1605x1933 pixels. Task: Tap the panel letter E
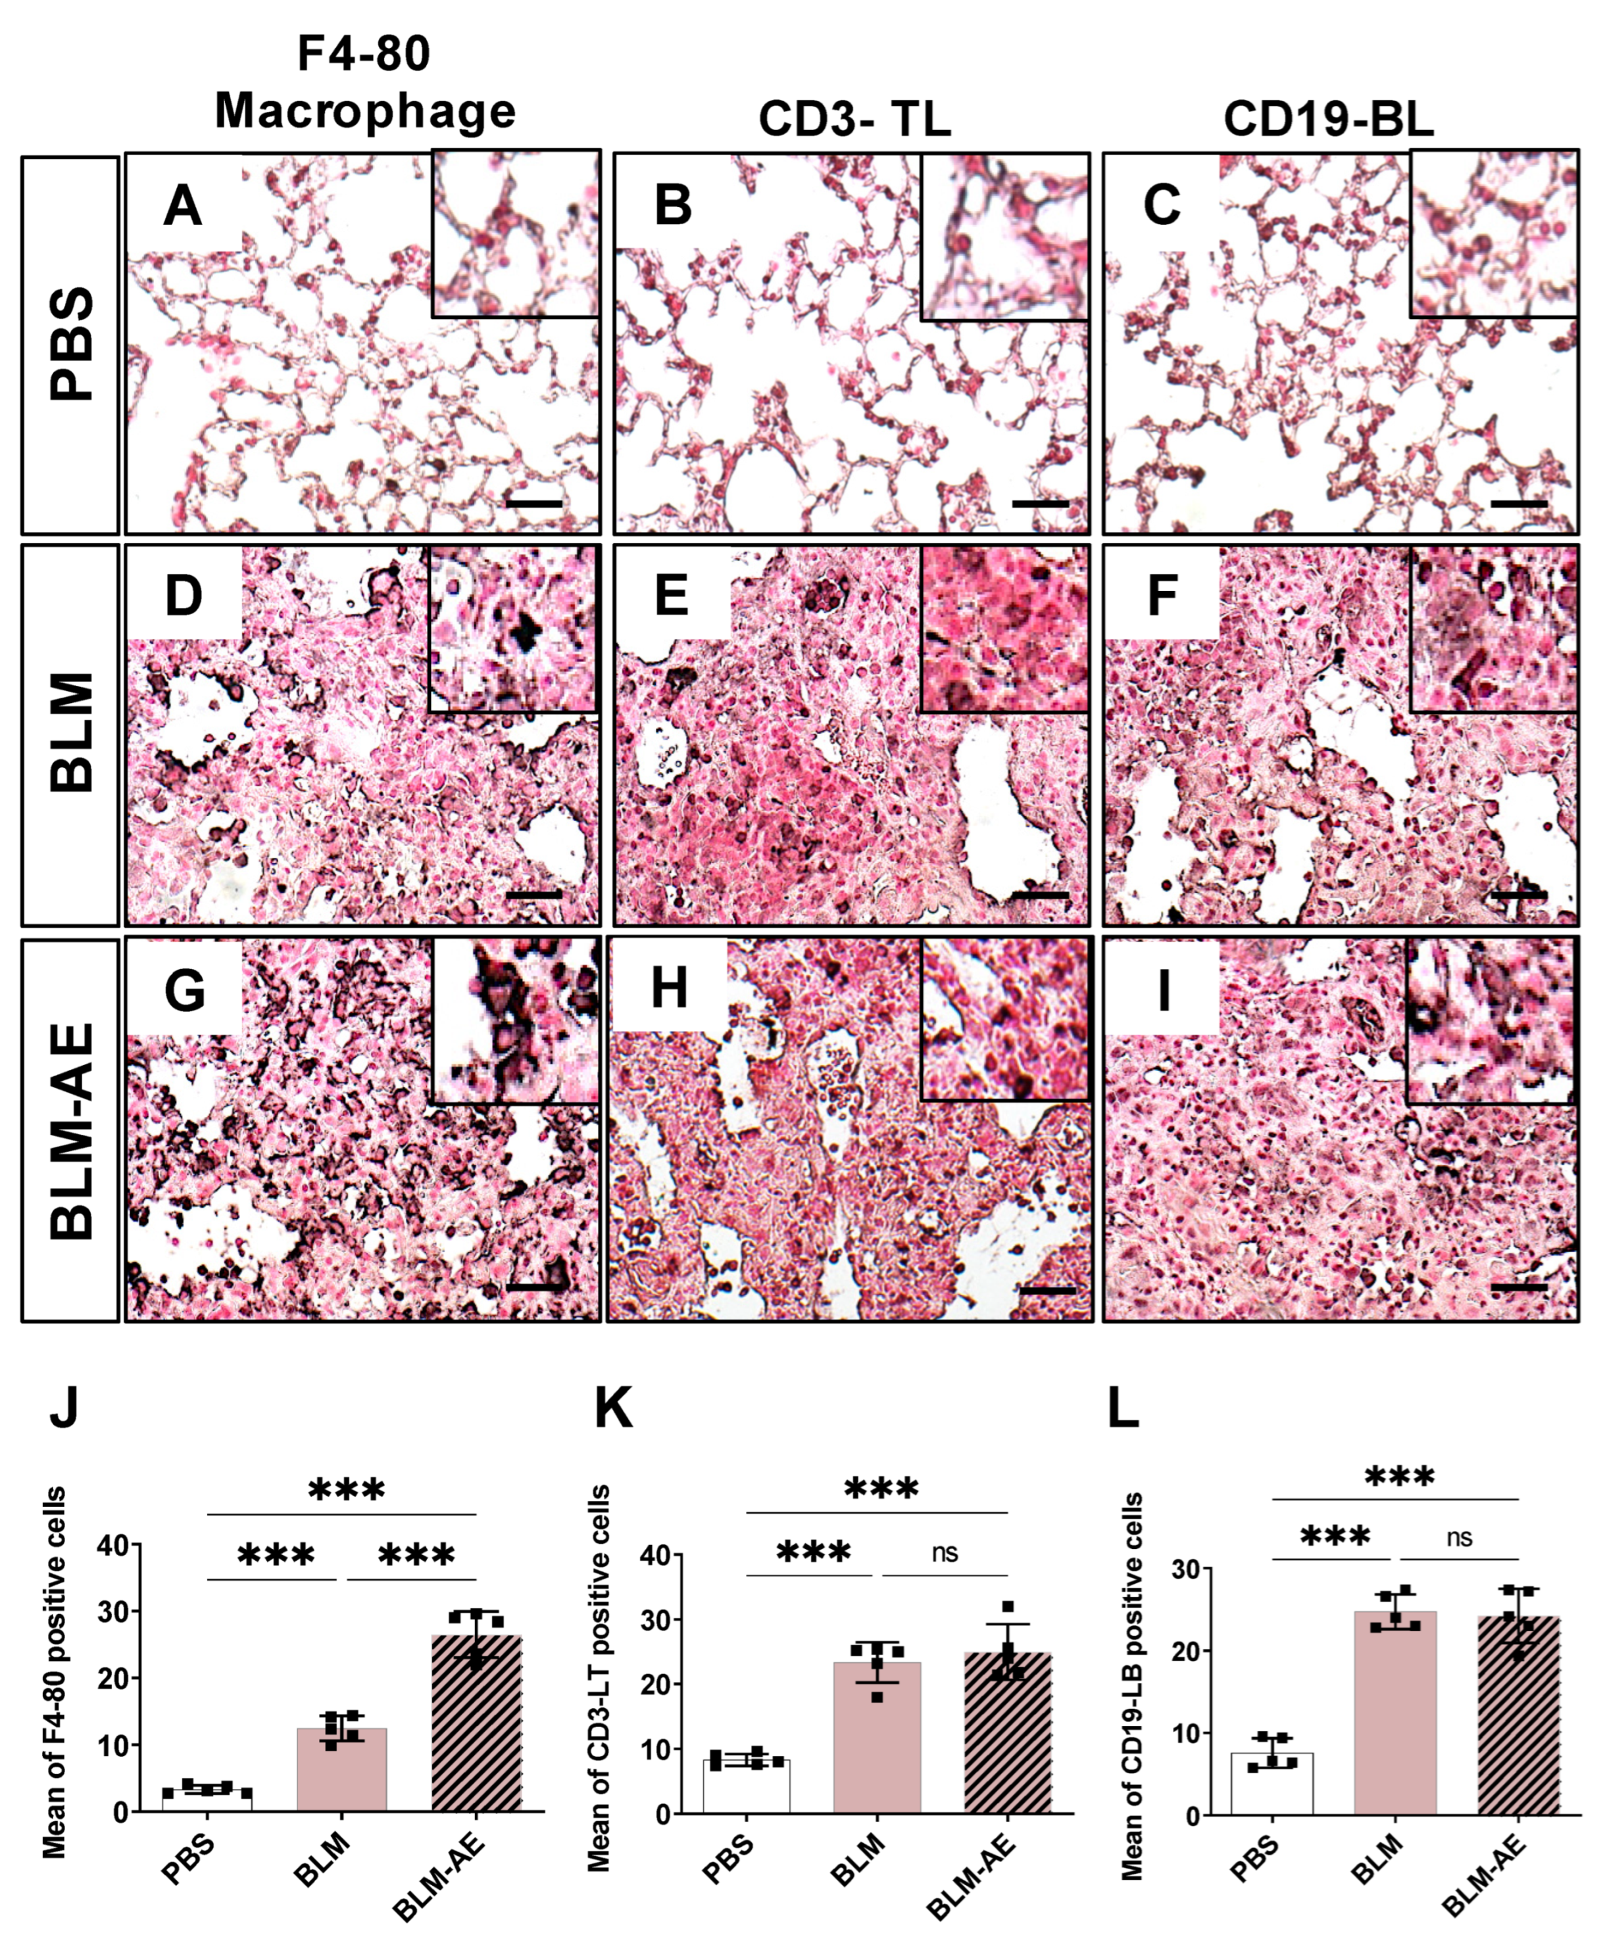(x=672, y=596)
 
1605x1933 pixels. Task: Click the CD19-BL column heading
(x=1328, y=120)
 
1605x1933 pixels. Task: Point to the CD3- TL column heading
(x=854, y=120)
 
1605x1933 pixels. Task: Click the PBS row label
(x=71, y=343)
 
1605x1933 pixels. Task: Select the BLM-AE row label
(x=71, y=1130)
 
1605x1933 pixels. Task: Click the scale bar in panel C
(x=1518, y=504)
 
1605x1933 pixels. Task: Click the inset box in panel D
(x=513, y=629)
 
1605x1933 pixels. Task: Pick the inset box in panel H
(x=1004, y=1020)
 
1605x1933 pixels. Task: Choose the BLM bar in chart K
(x=877, y=1738)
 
